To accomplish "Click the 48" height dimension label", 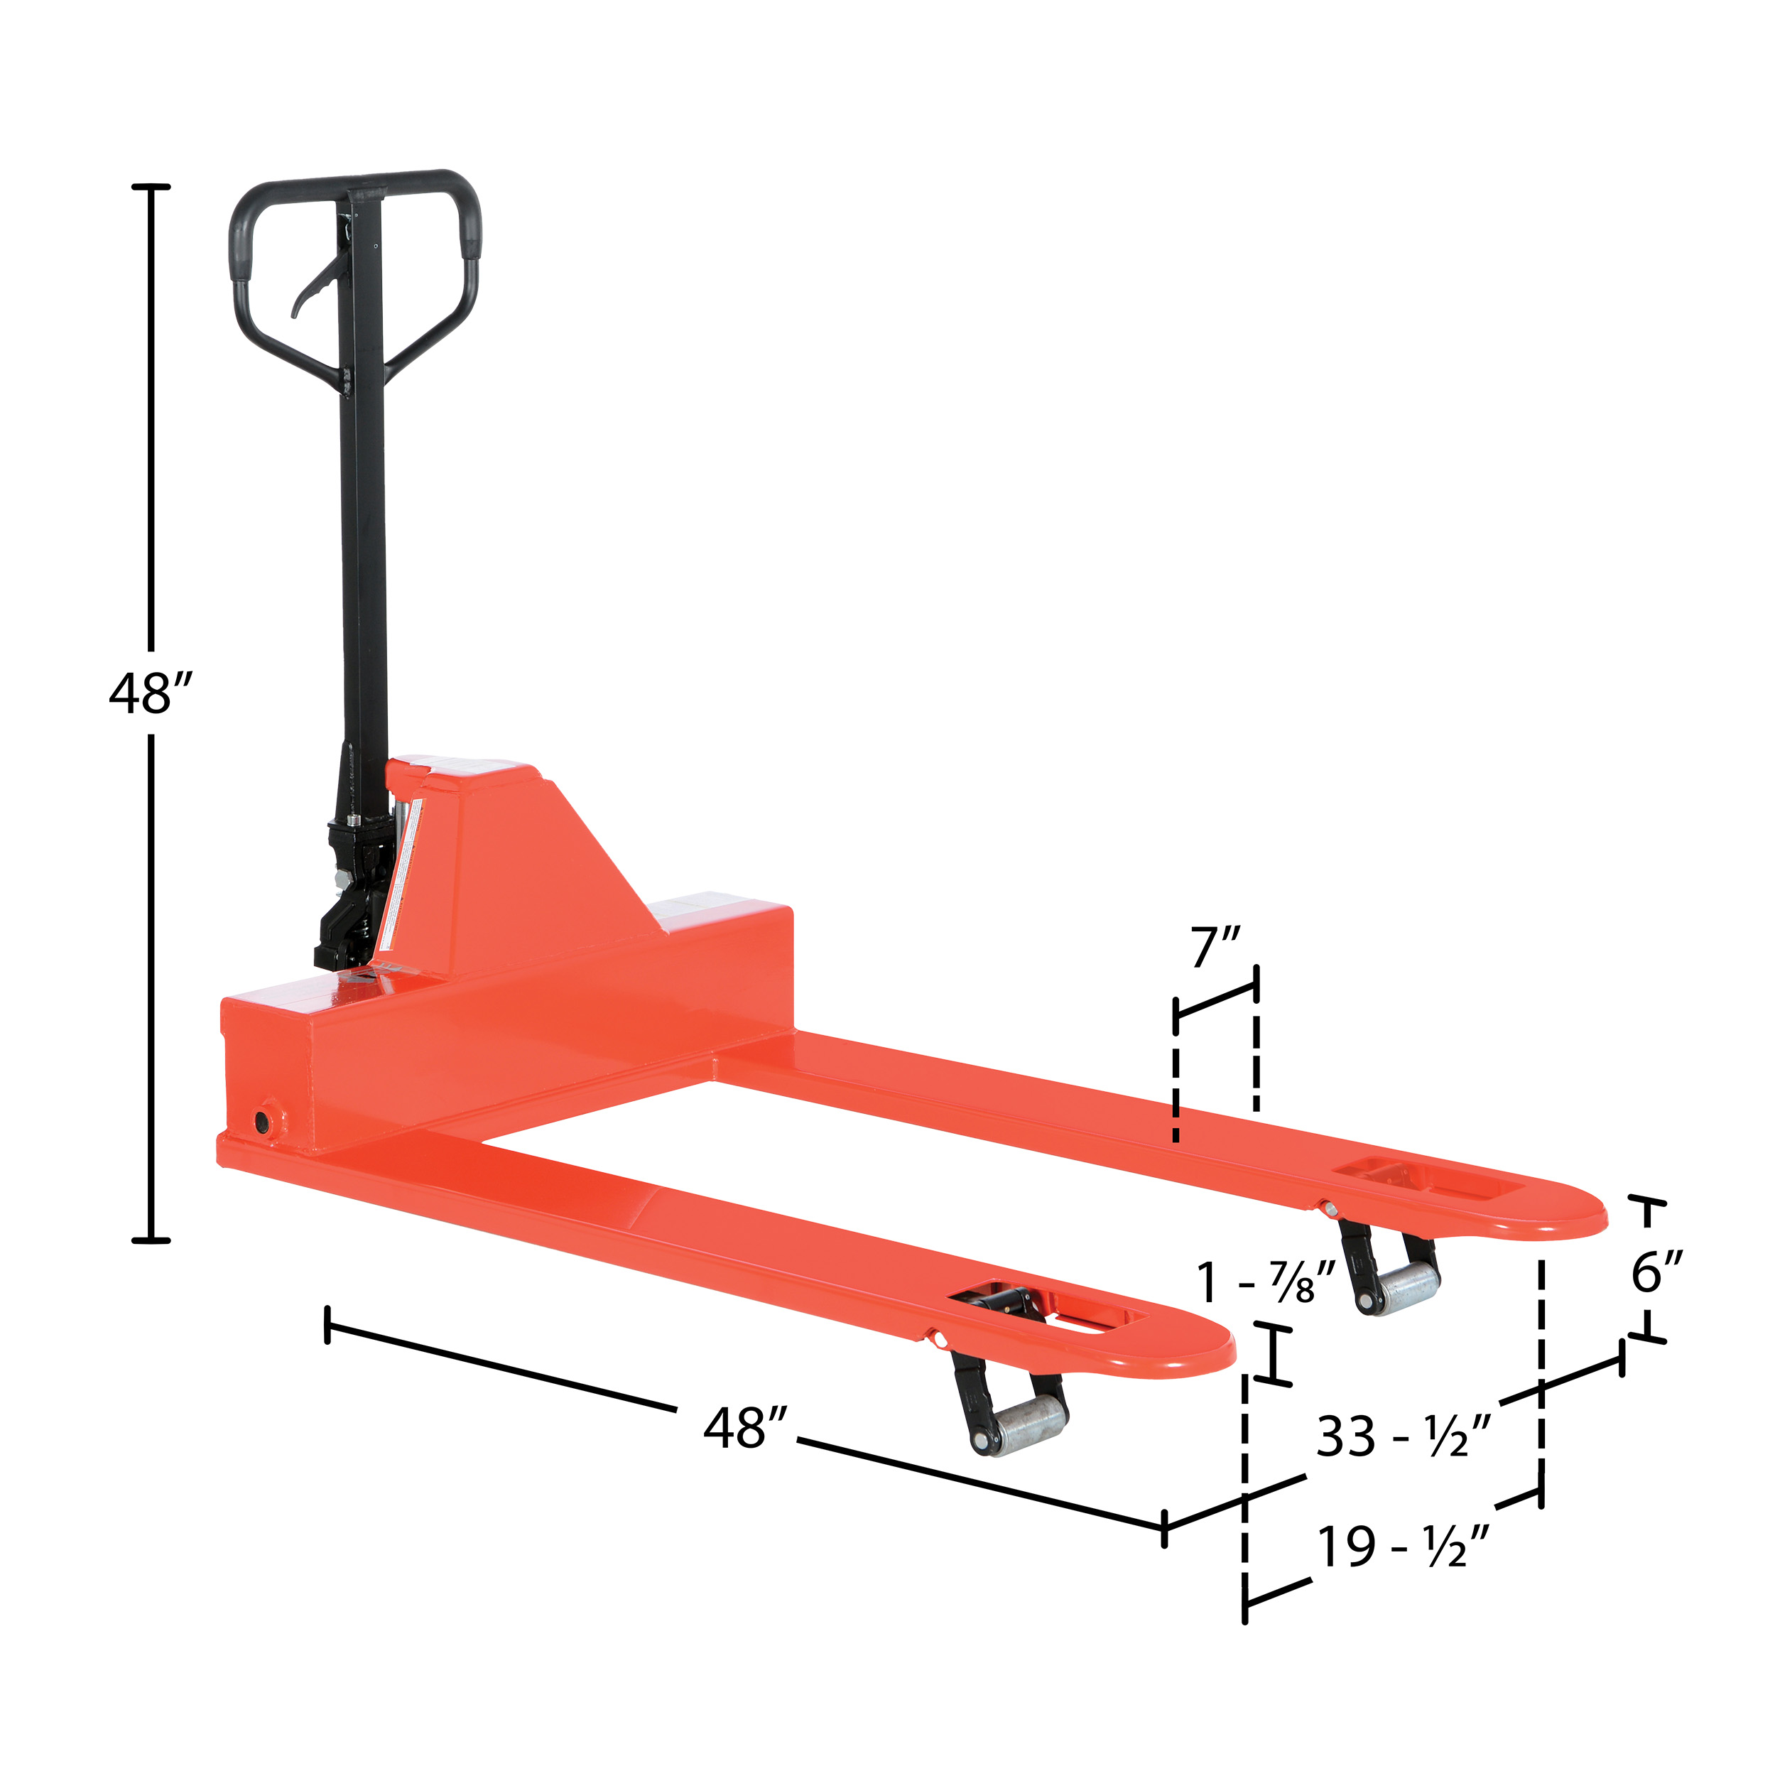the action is point(152,693).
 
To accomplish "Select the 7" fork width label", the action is point(1216,948).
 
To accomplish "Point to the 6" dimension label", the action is point(1656,1272).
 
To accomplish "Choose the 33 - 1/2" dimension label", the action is point(1403,1435).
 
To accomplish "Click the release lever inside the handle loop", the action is point(315,285).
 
